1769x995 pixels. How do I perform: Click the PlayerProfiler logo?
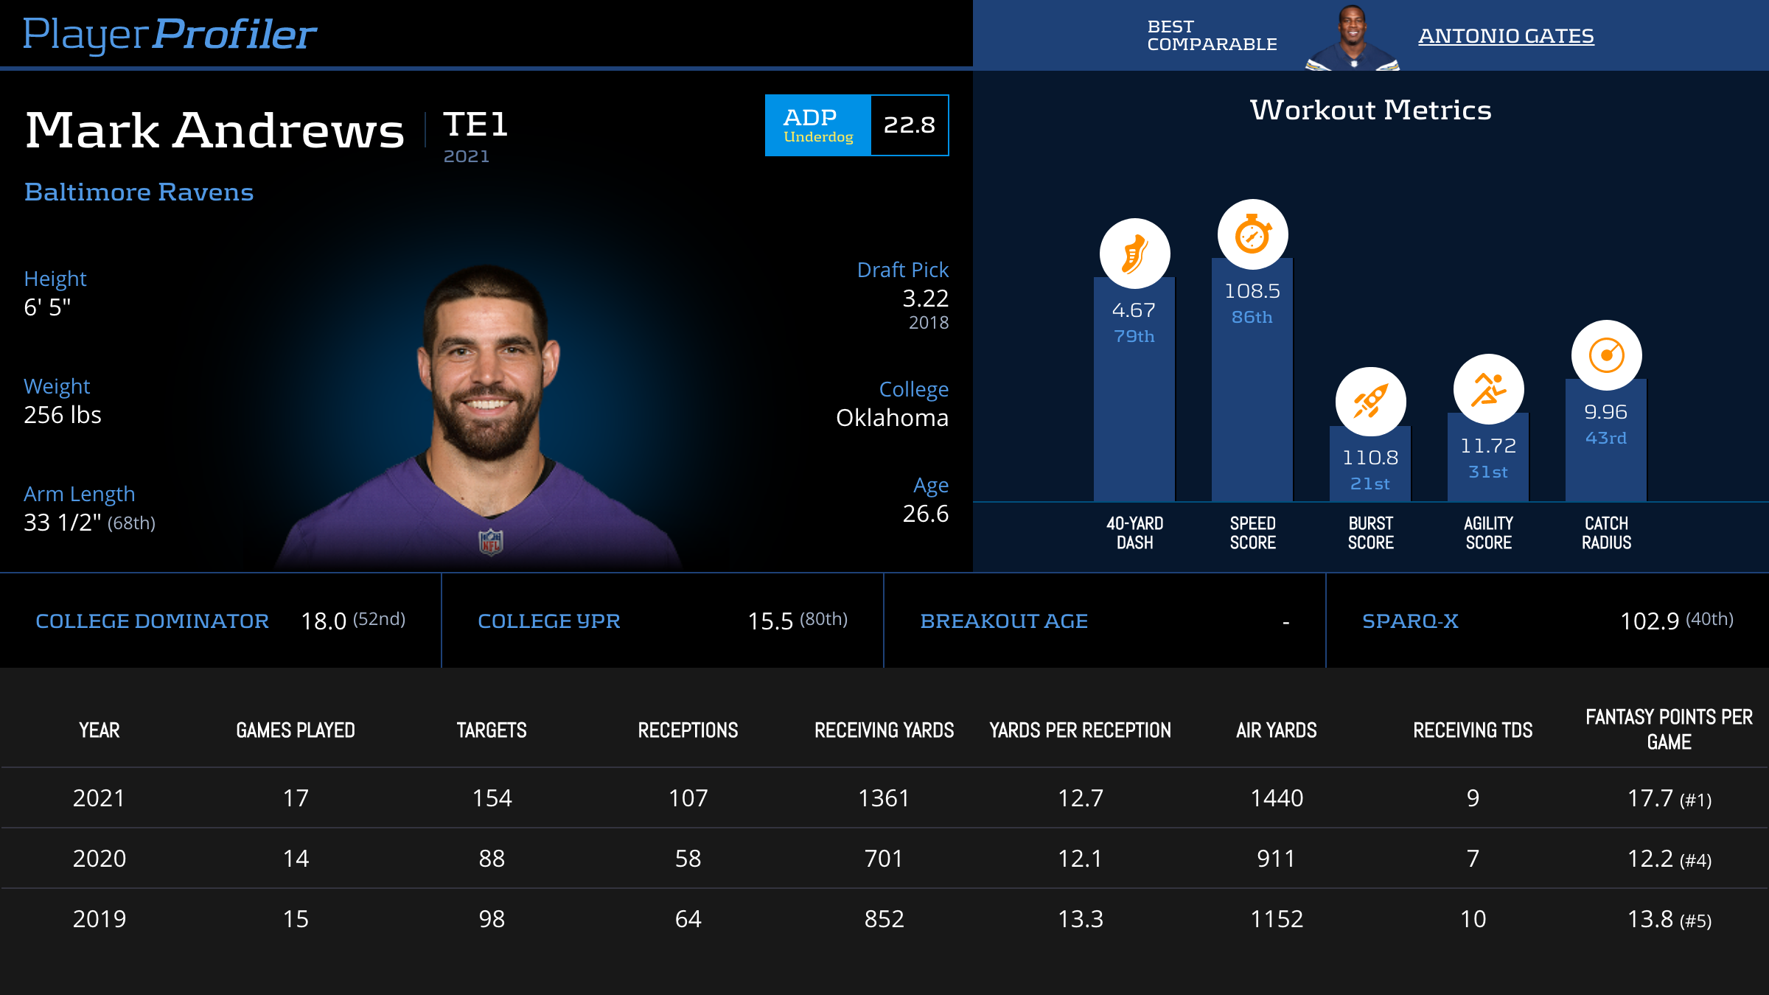tap(170, 34)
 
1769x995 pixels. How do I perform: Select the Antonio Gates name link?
tap(1506, 35)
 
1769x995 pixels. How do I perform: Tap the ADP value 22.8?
tap(909, 125)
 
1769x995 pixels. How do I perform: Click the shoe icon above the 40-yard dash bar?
tap(1134, 254)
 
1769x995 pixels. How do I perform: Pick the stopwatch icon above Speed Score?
tap(1252, 234)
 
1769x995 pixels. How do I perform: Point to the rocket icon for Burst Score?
tap(1370, 402)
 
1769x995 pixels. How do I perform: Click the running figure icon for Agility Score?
tap(1488, 389)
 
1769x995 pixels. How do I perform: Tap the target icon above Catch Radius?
tap(1606, 355)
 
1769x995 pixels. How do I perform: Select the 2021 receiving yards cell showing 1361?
tap(884, 798)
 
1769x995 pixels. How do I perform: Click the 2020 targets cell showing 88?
tap(492, 859)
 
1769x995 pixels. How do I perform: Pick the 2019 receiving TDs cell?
tap(1473, 919)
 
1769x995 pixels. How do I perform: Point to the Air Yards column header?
tap(1277, 730)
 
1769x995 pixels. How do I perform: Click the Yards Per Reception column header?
tap(1080, 730)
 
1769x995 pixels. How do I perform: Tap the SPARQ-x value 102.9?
tap(1649, 621)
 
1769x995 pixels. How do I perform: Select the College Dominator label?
tap(152, 621)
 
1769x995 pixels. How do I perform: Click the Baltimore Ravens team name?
tap(139, 192)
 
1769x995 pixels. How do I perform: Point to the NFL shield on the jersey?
tap(491, 542)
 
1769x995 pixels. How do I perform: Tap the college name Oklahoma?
tap(892, 418)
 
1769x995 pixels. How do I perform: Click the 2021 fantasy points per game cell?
tap(1669, 798)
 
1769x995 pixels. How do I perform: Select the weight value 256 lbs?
tap(63, 415)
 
